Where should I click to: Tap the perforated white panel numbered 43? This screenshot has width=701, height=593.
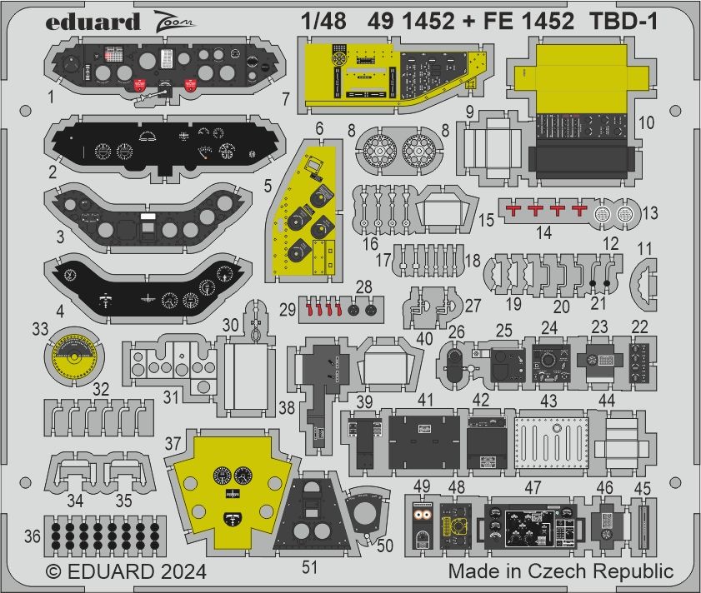point(553,435)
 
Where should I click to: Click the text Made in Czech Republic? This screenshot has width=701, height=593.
point(560,572)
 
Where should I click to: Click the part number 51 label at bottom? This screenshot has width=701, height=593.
point(310,568)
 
